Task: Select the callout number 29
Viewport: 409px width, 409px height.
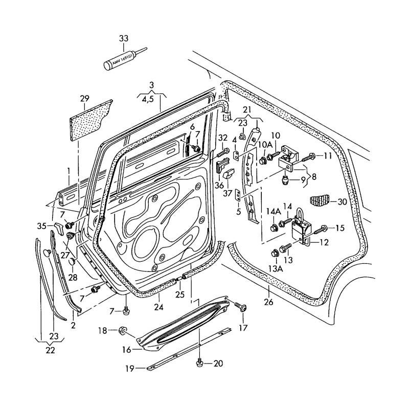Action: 85,98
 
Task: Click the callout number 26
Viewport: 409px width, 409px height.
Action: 269,302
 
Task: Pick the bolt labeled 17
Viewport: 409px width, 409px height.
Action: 241,307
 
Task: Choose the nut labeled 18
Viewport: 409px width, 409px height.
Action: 123,331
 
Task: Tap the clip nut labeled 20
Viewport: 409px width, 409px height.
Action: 200,362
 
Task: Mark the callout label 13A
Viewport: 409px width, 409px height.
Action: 277,268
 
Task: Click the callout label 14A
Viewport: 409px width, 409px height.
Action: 274,211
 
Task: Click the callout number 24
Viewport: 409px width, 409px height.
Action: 158,308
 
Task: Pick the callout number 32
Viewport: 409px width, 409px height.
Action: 222,138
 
